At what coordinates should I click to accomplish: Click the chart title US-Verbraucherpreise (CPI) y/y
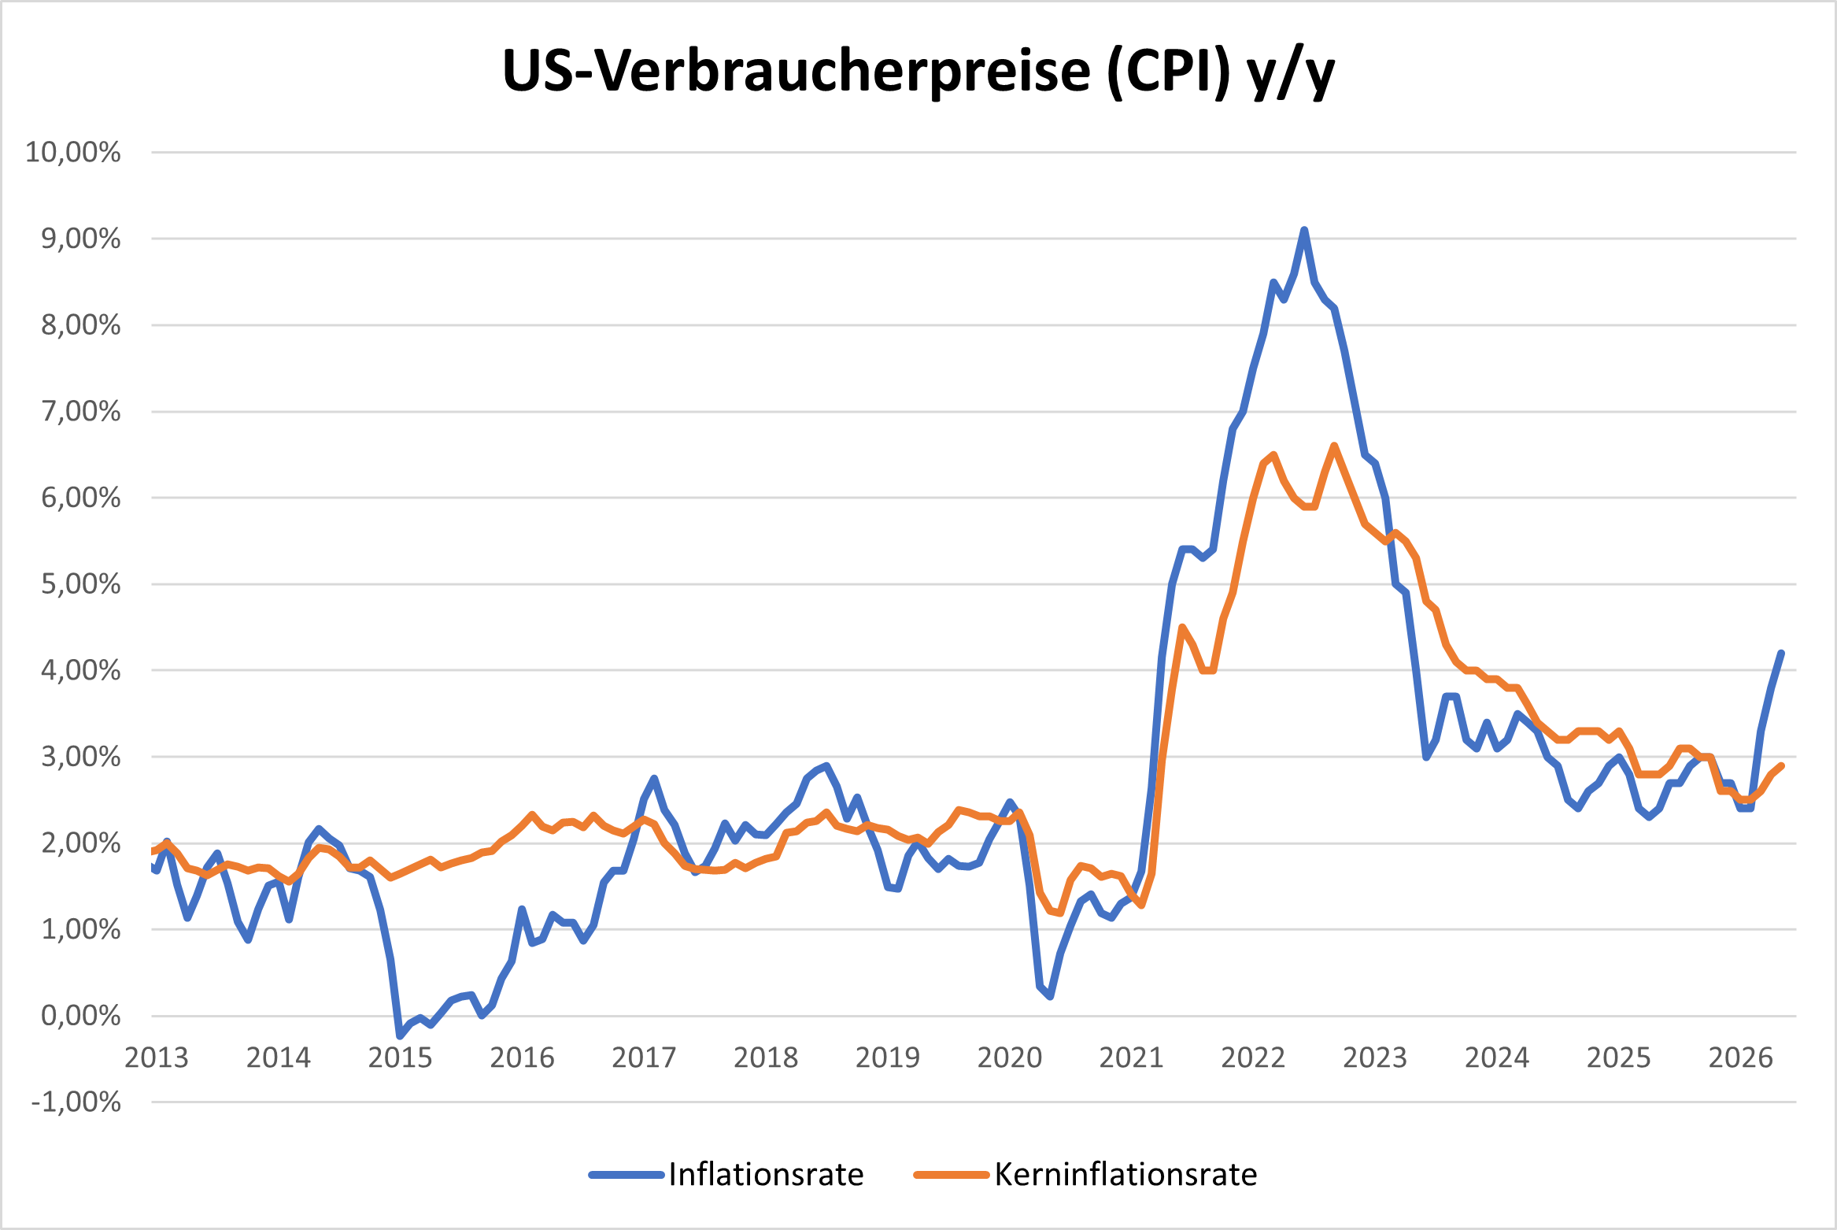tap(918, 72)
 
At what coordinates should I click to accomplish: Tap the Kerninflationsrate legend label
tap(1125, 1174)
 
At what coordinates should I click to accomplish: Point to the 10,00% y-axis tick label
tap(73, 152)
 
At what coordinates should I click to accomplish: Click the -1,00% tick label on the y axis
tap(76, 1102)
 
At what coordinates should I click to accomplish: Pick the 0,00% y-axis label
tap(81, 1015)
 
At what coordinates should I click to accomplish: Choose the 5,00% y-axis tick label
tap(81, 584)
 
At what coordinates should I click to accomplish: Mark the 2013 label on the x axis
tap(157, 1058)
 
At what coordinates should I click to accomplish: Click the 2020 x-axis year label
tap(1009, 1058)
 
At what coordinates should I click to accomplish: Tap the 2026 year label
tap(1740, 1058)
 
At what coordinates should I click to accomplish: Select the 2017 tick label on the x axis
tap(644, 1058)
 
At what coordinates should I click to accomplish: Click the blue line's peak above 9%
tap(1304, 230)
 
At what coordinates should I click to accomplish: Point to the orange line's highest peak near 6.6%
tap(1334, 446)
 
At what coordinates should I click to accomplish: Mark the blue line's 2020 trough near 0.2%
tap(1051, 997)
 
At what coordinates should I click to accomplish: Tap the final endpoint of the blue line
tap(1781, 653)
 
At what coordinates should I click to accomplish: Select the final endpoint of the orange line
tap(1781, 765)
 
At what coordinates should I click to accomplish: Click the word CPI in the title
tap(1169, 72)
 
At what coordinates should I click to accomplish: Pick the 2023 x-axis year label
tap(1374, 1058)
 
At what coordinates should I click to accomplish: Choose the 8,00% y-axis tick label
tap(81, 324)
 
